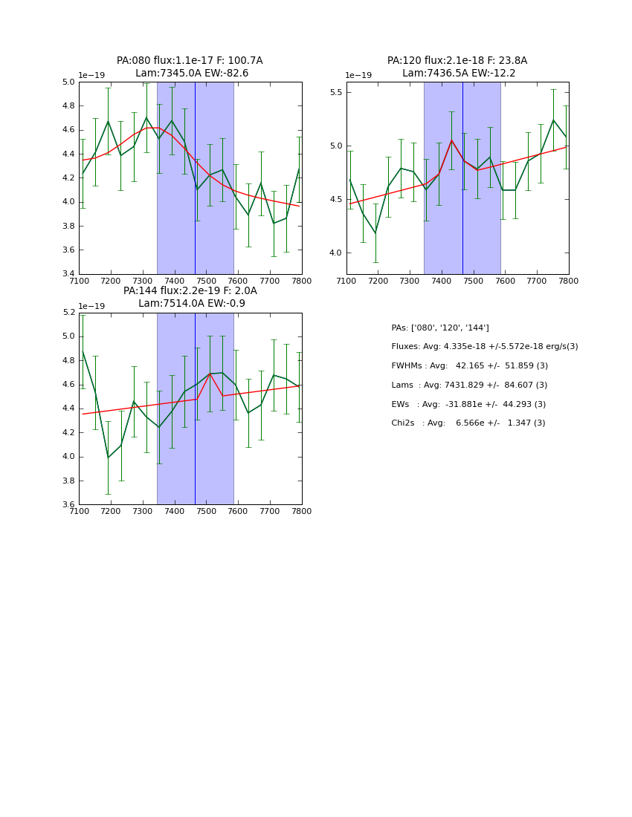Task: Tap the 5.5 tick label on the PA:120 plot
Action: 335,92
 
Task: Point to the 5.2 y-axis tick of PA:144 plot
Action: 68,313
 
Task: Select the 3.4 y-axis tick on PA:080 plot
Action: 68,274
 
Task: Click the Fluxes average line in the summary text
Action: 484,347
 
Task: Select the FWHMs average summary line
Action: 469,366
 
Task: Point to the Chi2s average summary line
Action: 468,423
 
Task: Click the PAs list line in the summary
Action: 439,328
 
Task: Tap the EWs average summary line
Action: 468,404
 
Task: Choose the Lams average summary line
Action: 469,385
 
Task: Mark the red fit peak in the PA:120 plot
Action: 451,140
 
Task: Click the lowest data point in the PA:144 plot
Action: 108,458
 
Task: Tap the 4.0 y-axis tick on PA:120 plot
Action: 335,253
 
